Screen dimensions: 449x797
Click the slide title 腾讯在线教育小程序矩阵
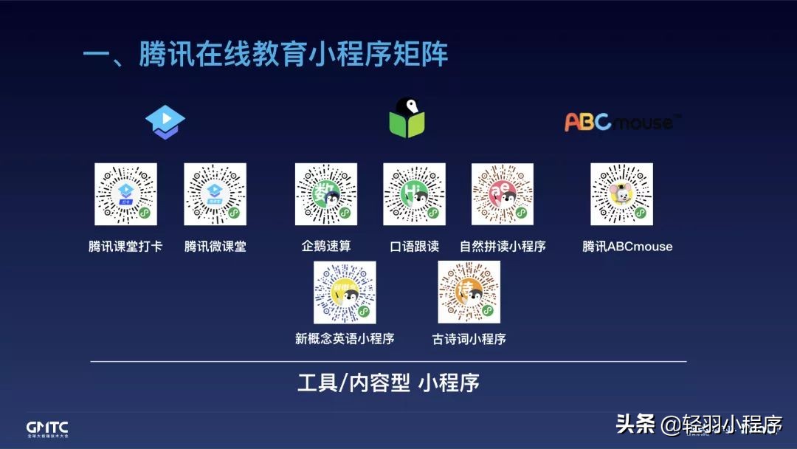[x=265, y=55]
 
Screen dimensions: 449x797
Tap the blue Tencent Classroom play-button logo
[x=165, y=121]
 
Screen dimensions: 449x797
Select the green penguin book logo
[x=407, y=118]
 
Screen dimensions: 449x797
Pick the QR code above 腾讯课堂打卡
[x=125, y=194]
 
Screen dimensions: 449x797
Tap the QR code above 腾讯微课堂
[x=215, y=194]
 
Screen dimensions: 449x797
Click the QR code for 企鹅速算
[x=326, y=194]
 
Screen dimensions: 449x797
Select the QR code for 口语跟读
[x=414, y=194]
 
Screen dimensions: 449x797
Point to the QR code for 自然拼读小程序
[x=503, y=194]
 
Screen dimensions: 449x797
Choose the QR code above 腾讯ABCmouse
[x=621, y=194]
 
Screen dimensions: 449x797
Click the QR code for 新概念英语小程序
[x=345, y=292]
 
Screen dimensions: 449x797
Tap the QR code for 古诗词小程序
[x=469, y=292]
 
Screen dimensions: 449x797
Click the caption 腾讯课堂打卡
[x=125, y=247]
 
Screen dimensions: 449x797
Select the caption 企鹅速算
[x=326, y=247]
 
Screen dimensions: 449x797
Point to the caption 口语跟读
[x=414, y=247]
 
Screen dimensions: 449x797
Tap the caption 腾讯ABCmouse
[x=627, y=247]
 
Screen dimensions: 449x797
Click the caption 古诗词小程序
[x=469, y=339]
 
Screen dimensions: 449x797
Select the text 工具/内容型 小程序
[x=388, y=383]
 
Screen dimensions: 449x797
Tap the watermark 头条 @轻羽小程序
[x=698, y=424]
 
